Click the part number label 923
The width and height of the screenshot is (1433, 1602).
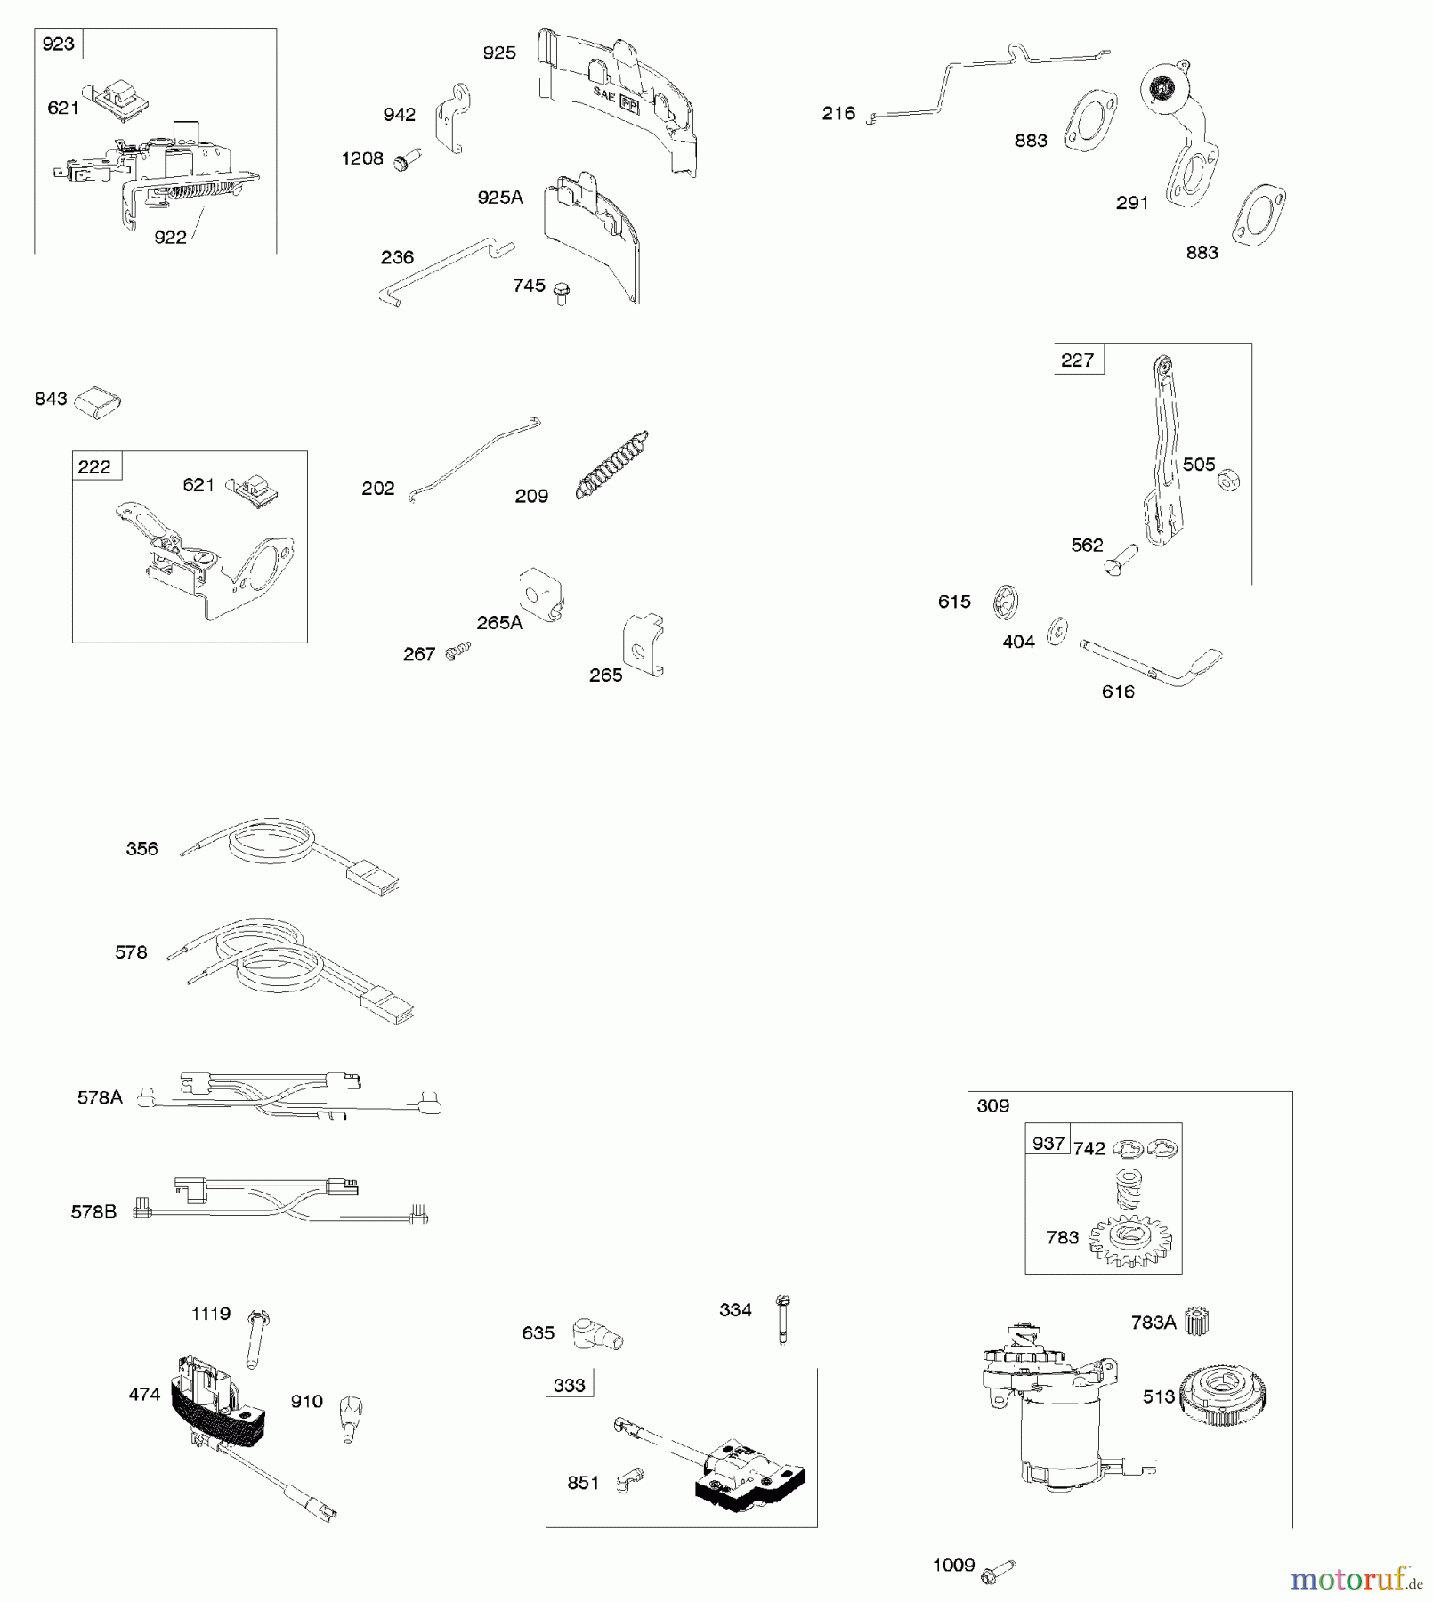pos(58,44)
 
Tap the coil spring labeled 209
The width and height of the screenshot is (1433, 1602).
pos(612,465)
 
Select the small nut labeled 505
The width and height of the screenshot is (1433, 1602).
pos(1229,481)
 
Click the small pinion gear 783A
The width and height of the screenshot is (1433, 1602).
pos(1196,1322)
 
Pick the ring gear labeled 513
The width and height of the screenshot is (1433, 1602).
pos(1223,1396)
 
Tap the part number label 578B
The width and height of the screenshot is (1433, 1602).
pos(93,1212)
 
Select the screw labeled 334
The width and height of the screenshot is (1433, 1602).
pos(782,1318)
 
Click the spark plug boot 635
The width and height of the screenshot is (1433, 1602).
pos(596,1333)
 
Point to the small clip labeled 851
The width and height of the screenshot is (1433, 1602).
pos(629,1480)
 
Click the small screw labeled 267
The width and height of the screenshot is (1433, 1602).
pos(459,651)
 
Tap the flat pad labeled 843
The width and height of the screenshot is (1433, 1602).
pos(97,401)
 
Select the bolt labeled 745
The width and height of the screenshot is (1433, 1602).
pos(561,293)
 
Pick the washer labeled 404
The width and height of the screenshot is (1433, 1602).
pos(1057,631)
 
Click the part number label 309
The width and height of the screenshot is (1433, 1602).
pos(992,1106)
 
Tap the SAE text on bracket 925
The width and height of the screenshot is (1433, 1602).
pos(604,93)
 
